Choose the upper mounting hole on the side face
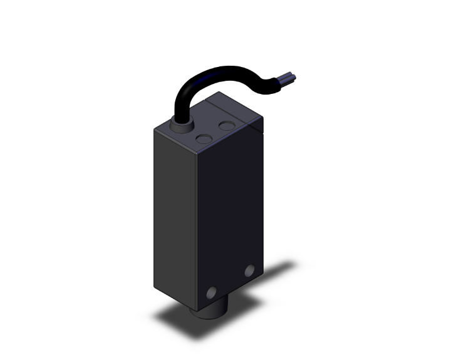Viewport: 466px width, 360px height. [x=251, y=271]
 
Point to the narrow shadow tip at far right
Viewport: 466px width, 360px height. [x=292, y=265]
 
